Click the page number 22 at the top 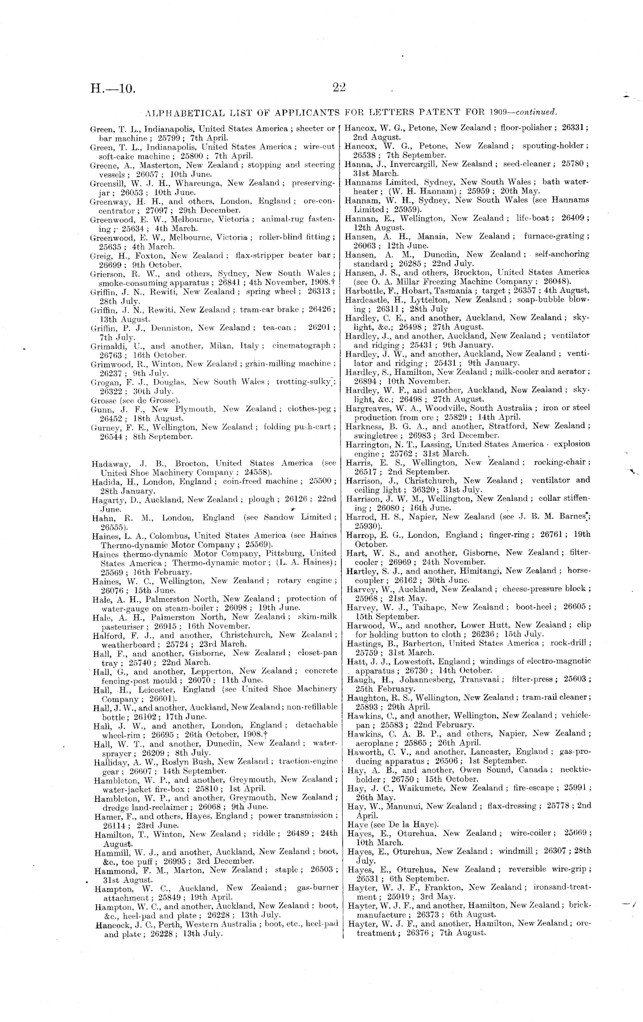tap(338, 87)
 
